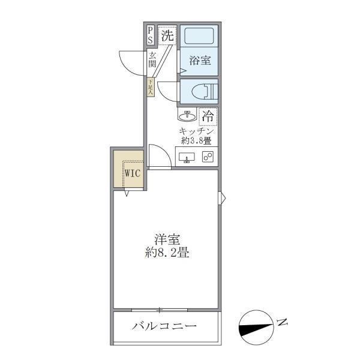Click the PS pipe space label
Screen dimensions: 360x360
tap(150, 35)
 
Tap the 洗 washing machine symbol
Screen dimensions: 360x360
tap(168, 35)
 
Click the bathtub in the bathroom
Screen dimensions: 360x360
tap(200, 37)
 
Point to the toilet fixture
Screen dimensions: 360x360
tap(203, 92)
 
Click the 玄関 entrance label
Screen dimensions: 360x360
tap(152, 59)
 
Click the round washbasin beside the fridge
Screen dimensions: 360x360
tap(186, 115)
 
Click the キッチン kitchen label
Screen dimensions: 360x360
tap(196, 130)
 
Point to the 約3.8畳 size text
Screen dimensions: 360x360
tap(196, 142)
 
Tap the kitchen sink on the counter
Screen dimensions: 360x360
tap(187, 158)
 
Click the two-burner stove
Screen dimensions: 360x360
tap(208, 157)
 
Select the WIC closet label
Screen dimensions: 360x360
tap(131, 174)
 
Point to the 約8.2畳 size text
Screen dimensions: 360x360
tap(167, 253)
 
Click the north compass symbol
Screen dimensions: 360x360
tap(256, 328)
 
